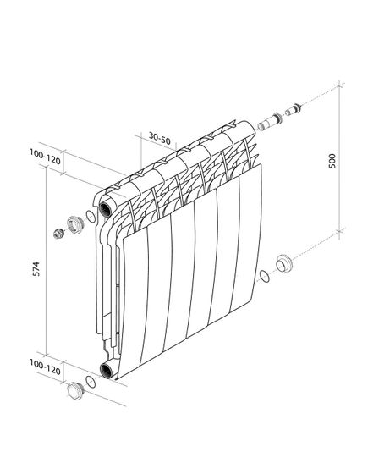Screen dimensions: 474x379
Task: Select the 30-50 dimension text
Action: pos(159,136)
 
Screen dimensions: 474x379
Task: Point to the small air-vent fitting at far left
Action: pos(57,234)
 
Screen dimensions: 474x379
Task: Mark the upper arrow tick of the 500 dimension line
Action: pos(341,85)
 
